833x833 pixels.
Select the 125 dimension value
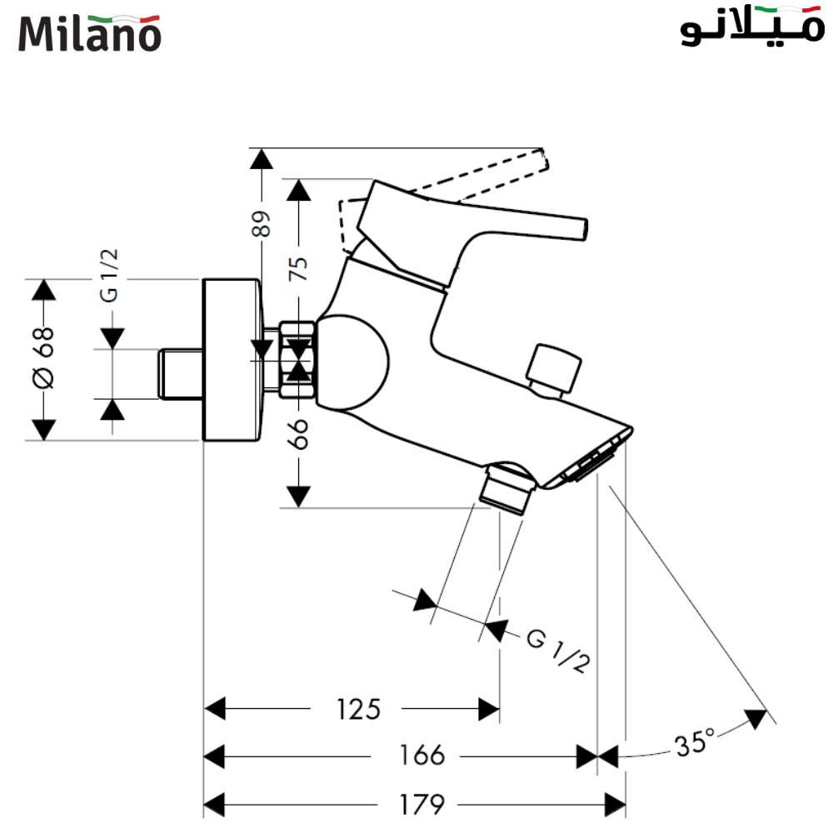pyautogui.click(x=358, y=710)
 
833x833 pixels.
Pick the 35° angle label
pyautogui.click(x=695, y=741)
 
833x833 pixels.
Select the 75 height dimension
pyautogui.click(x=298, y=267)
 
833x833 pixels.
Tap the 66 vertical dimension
pyautogui.click(x=298, y=433)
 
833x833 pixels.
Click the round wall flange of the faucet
pyautogui.click(x=232, y=359)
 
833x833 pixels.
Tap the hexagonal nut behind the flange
pyautogui.click(x=298, y=358)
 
